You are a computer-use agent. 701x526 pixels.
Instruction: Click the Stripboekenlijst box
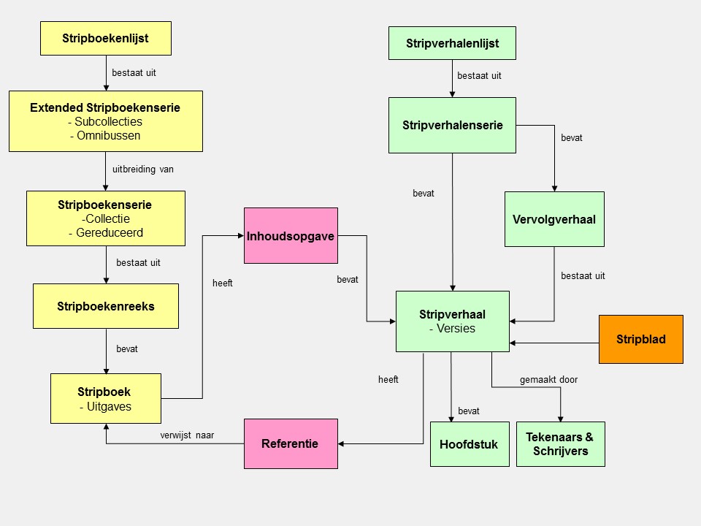coord(105,38)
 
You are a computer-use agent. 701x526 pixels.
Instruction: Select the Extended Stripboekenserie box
coord(105,121)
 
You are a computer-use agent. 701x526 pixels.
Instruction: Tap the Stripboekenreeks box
coord(105,306)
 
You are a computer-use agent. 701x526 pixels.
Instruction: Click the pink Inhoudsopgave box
coord(291,235)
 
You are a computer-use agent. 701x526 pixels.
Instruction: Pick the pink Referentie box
coord(290,443)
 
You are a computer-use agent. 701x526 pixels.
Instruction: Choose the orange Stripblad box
coord(640,339)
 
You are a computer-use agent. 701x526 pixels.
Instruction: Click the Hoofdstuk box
coord(469,443)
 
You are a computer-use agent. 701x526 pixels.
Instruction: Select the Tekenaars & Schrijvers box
coord(560,443)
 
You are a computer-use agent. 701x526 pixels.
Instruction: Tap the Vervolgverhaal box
coord(554,218)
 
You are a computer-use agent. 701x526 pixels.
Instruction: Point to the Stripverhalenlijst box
coord(452,43)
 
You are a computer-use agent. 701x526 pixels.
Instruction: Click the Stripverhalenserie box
coord(452,125)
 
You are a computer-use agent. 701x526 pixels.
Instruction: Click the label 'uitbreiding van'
coord(143,169)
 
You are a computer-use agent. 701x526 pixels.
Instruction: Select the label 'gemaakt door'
coord(548,380)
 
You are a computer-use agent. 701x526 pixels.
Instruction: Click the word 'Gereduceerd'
coord(110,233)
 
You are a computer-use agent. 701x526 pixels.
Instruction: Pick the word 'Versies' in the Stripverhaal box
coord(456,329)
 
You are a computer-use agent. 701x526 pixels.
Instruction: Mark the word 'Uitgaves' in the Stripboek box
coord(109,407)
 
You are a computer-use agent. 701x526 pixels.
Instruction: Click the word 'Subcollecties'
coord(109,122)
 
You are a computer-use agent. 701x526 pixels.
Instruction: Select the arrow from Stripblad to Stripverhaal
coord(555,343)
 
